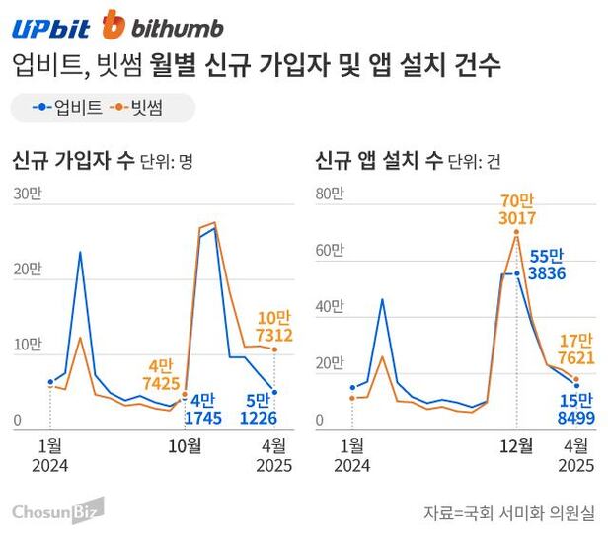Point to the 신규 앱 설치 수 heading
380,160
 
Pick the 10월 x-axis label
184,445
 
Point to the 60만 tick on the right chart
328,251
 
